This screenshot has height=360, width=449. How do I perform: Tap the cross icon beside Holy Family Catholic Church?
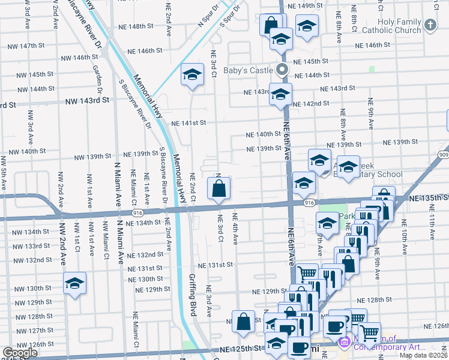[430, 25]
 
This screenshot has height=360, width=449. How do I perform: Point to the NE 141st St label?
[188, 122]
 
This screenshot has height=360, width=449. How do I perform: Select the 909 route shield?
[444, 155]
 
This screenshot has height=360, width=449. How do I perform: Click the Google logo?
[20, 353]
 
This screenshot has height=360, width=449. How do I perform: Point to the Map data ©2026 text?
[423, 355]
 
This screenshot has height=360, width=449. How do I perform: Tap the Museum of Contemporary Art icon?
[345, 343]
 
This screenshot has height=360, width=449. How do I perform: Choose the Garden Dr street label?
[95, 76]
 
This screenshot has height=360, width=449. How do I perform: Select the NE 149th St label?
[310, 6]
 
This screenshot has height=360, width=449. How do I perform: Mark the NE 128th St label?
[373, 299]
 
